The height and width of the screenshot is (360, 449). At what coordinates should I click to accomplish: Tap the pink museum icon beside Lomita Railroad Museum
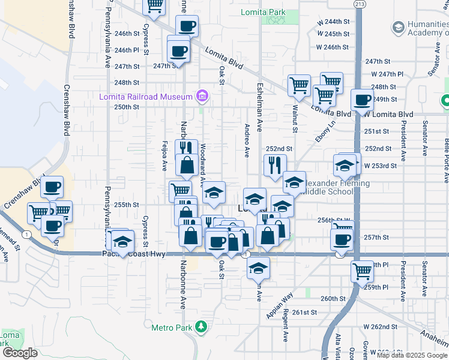click(x=202, y=97)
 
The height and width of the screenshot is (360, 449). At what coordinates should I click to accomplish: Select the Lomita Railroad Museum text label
click(x=146, y=97)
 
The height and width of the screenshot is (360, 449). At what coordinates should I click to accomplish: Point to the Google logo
click(x=20, y=353)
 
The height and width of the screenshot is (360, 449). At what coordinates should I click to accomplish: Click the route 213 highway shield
click(x=359, y=4)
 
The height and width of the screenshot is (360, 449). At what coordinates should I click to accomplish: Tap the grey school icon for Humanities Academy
click(x=398, y=28)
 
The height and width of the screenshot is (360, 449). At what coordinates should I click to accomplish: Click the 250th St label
click(x=127, y=107)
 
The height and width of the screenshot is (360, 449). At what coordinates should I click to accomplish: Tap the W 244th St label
click(x=333, y=22)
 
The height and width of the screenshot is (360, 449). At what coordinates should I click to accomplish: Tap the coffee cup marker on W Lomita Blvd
click(x=362, y=100)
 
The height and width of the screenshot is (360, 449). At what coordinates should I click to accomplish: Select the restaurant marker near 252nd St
click(x=274, y=166)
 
